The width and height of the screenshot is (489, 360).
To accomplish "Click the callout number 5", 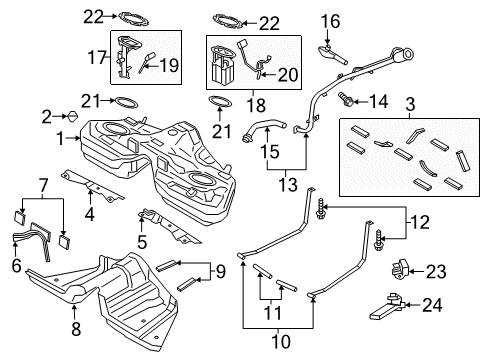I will [142, 241].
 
